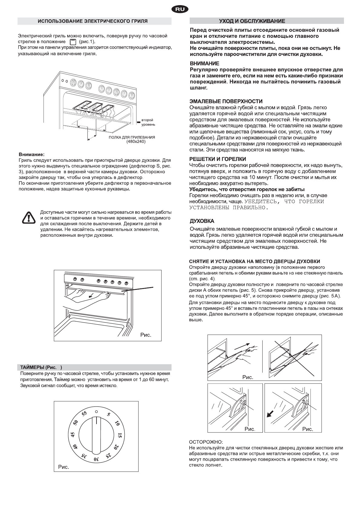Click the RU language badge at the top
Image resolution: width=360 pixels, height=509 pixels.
[180, 10]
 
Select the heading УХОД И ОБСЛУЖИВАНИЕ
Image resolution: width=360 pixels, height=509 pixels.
[252, 21]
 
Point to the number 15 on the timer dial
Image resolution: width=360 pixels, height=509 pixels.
[120, 436]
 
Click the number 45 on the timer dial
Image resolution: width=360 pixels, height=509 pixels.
[73, 435]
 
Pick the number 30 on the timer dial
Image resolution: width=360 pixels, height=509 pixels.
[95, 459]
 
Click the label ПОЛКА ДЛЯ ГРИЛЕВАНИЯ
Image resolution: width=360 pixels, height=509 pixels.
[132, 137]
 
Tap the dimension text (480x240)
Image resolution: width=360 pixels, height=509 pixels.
[136, 141]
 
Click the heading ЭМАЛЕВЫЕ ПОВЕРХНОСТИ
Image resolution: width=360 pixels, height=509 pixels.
[226, 101]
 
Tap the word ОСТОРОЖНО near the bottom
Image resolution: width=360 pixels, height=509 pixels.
[206, 442]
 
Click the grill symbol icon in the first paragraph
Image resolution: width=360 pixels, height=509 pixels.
[72, 42]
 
